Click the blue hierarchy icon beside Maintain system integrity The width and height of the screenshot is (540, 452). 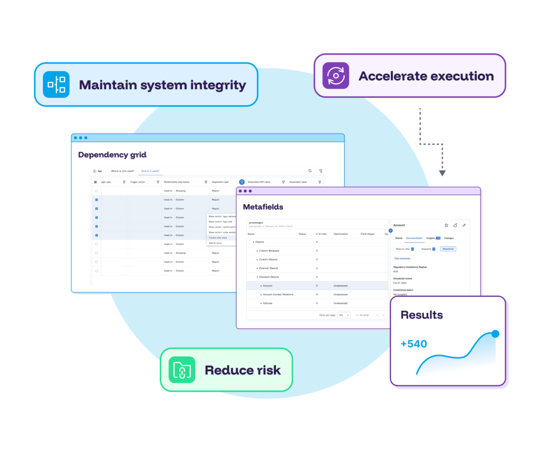coord(56,84)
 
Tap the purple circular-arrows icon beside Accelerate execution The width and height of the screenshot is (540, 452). coord(336,76)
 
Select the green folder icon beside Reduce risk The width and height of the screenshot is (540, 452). coord(181,370)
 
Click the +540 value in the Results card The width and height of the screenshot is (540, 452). coord(413,344)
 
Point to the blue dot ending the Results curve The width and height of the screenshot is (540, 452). coord(495,334)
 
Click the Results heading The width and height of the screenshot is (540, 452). coord(421,315)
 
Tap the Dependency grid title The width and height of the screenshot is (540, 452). coord(112,155)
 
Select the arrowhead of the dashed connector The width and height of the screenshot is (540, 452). coord(442,173)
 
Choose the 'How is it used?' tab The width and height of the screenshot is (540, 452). coord(150,171)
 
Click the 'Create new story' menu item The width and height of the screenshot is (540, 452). coord(218,238)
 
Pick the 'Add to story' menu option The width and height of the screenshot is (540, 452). coord(215,243)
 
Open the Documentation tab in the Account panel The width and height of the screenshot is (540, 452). coord(414,238)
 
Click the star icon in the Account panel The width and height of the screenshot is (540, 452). coord(446,225)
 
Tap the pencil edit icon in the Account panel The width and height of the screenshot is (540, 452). coord(464,225)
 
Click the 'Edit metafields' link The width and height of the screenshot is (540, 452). coord(402,258)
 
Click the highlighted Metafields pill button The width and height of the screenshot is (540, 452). coord(448,249)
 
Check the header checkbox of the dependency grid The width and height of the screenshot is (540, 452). coord(95,182)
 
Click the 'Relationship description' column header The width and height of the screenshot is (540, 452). coord(176,182)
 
